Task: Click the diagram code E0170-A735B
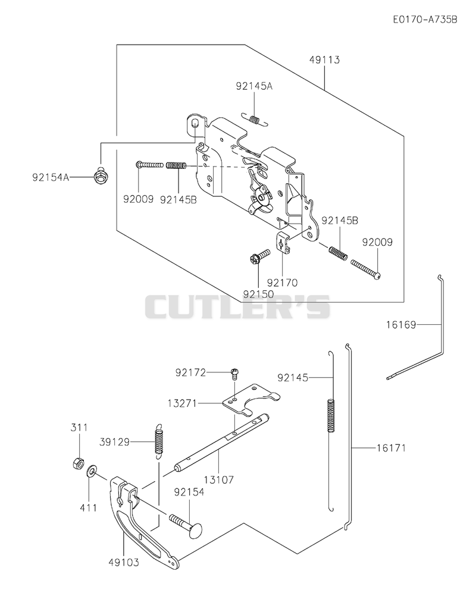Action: point(425,20)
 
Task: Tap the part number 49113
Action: point(324,60)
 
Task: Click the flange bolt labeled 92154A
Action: point(101,176)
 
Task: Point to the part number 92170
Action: point(282,283)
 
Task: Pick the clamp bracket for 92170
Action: point(283,242)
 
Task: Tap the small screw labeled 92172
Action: point(235,374)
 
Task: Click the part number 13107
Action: point(218,479)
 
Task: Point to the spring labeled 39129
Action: point(158,441)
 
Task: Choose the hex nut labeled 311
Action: point(78,464)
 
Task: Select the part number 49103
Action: point(124,563)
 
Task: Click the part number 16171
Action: point(392,447)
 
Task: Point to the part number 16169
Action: point(400,325)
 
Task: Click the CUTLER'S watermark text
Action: point(238,307)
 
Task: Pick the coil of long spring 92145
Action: point(331,416)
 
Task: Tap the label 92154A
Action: point(51,177)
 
